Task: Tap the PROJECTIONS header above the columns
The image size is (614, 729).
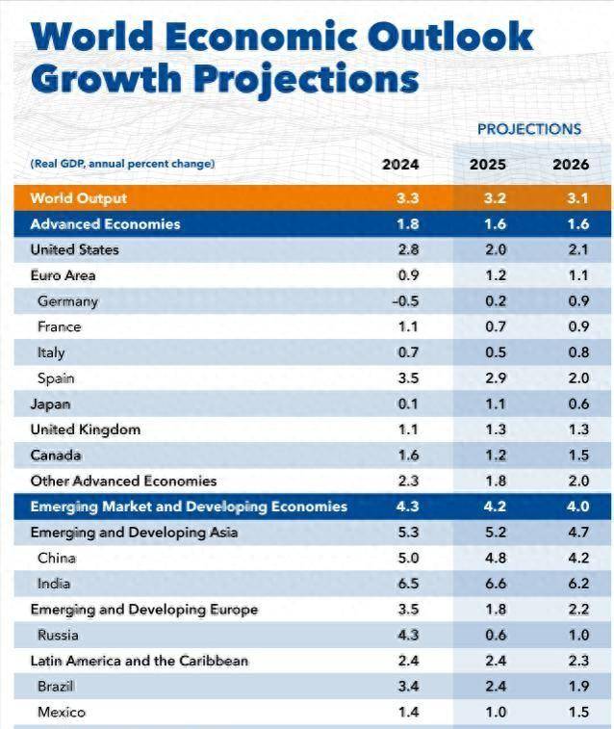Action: click(529, 129)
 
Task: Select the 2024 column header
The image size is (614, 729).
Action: click(400, 165)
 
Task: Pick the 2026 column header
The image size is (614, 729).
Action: click(571, 165)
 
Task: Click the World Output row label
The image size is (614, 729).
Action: click(78, 198)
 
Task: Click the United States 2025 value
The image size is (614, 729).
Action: click(488, 250)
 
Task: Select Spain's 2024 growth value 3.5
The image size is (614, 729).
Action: click(408, 378)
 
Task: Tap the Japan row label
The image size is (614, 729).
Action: click(50, 404)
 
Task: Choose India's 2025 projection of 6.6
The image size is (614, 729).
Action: click(488, 584)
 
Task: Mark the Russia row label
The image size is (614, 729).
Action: click(58, 636)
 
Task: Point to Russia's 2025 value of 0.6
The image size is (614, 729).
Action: click(488, 636)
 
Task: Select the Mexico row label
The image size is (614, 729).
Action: click(62, 713)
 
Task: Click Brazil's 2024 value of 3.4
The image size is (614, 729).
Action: click(408, 687)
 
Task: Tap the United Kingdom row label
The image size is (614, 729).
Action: click(85, 430)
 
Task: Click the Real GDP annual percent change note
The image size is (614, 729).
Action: click(122, 165)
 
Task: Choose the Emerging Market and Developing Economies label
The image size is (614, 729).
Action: click(189, 507)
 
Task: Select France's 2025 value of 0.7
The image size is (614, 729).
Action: click(488, 327)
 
